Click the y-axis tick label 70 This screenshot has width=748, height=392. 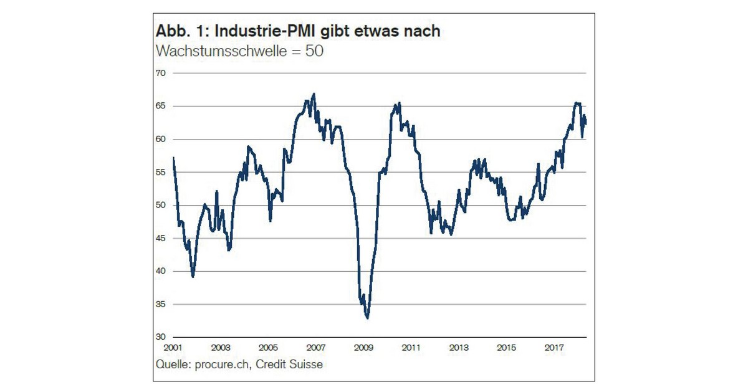pyautogui.click(x=161, y=73)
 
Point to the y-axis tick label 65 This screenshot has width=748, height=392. pyautogui.click(x=161, y=106)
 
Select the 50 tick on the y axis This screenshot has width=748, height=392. pyautogui.click(x=161, y=205)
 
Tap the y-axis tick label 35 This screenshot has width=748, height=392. pyautogui.click(x=161, y=304)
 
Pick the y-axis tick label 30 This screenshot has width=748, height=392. pyautogui.click(x=161, y=337)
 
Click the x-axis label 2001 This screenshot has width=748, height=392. pyautogui.click(x=173, y=347)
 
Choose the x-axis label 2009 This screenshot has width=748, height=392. pyautogui.click(x=363, y=347)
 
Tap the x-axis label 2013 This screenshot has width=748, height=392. pyautogui.click(x=459, y=347)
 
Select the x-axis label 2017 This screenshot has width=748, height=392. pyautogui.click(x=554, y=347)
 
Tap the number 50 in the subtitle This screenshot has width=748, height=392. pyautogui.click(x=314, y=51)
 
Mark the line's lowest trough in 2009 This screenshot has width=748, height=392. pyautogui.click(x=367, y=318)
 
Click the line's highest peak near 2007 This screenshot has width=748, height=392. pyautogui.click(x=314, y=94)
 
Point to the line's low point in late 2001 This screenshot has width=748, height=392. pyautogui.click(x=193, y=276)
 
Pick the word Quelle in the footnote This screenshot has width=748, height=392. pyautogui.click(x=173, y=364)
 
